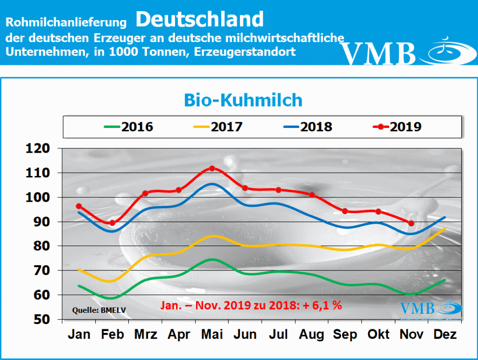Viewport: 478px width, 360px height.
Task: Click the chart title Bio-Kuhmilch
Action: tap(243, 100)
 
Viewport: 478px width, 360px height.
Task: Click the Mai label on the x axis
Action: tap(212, 334)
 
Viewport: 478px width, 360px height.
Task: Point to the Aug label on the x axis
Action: tap(312, 334)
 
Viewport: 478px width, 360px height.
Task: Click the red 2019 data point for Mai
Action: tap(212, 168)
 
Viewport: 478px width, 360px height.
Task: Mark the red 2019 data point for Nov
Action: tap(411, 223)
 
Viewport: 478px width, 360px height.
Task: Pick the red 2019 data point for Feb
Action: tap(112, 223)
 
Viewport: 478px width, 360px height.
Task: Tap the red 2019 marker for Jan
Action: tap(79, 206)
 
